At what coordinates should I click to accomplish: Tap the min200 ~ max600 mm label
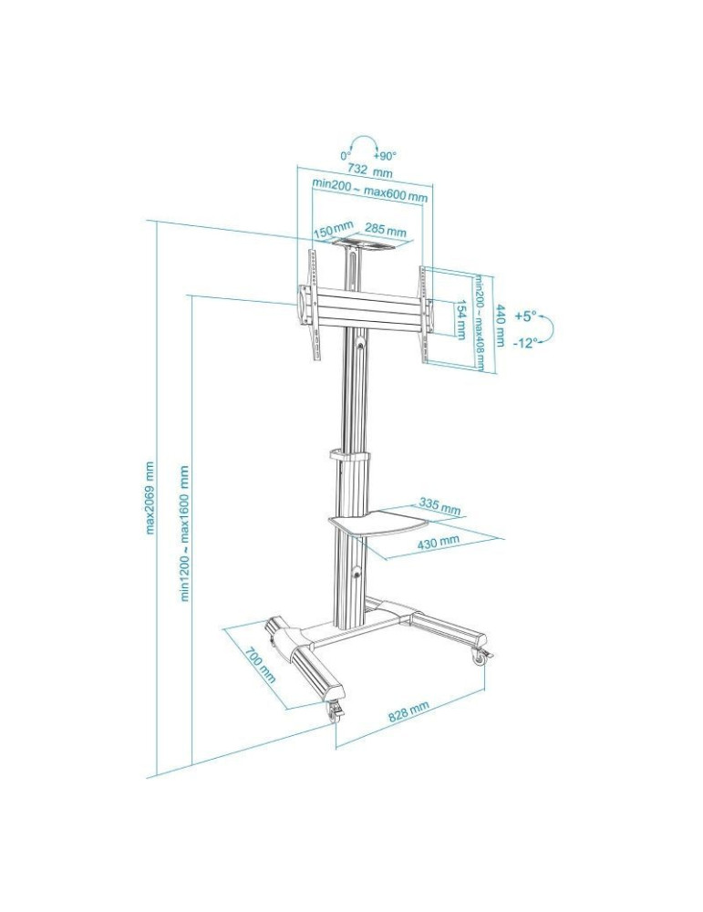370,189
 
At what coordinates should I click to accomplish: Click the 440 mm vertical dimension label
500,325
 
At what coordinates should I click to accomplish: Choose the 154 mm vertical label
461,321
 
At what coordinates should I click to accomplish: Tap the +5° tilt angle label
524,316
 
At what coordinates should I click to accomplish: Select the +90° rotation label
385,156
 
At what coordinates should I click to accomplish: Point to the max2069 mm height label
150,497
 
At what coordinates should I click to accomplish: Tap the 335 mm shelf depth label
439,505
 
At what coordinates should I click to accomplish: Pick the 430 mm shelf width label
438,544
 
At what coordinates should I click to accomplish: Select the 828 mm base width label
408,712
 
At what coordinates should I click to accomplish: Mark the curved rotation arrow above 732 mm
365,146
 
